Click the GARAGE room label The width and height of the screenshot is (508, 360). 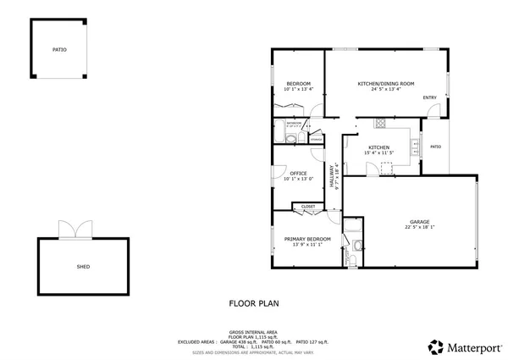417,222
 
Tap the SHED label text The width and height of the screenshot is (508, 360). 84,266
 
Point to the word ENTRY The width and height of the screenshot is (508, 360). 430,97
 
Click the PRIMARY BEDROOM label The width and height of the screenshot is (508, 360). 306,239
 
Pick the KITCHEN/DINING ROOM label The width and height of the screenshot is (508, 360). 386,83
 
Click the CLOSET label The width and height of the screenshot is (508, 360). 308,206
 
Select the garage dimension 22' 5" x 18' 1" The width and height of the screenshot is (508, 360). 417,227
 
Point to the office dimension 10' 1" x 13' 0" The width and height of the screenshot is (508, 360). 298,179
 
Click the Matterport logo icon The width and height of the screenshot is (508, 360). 435,346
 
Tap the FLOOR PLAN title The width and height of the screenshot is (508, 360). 253,302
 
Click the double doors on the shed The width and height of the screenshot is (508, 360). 71,229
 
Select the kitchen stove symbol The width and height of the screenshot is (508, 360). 381,122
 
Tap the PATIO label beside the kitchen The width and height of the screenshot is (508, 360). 435,147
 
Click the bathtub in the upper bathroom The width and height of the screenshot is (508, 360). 279,131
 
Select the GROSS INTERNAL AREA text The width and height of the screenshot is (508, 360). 253,331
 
